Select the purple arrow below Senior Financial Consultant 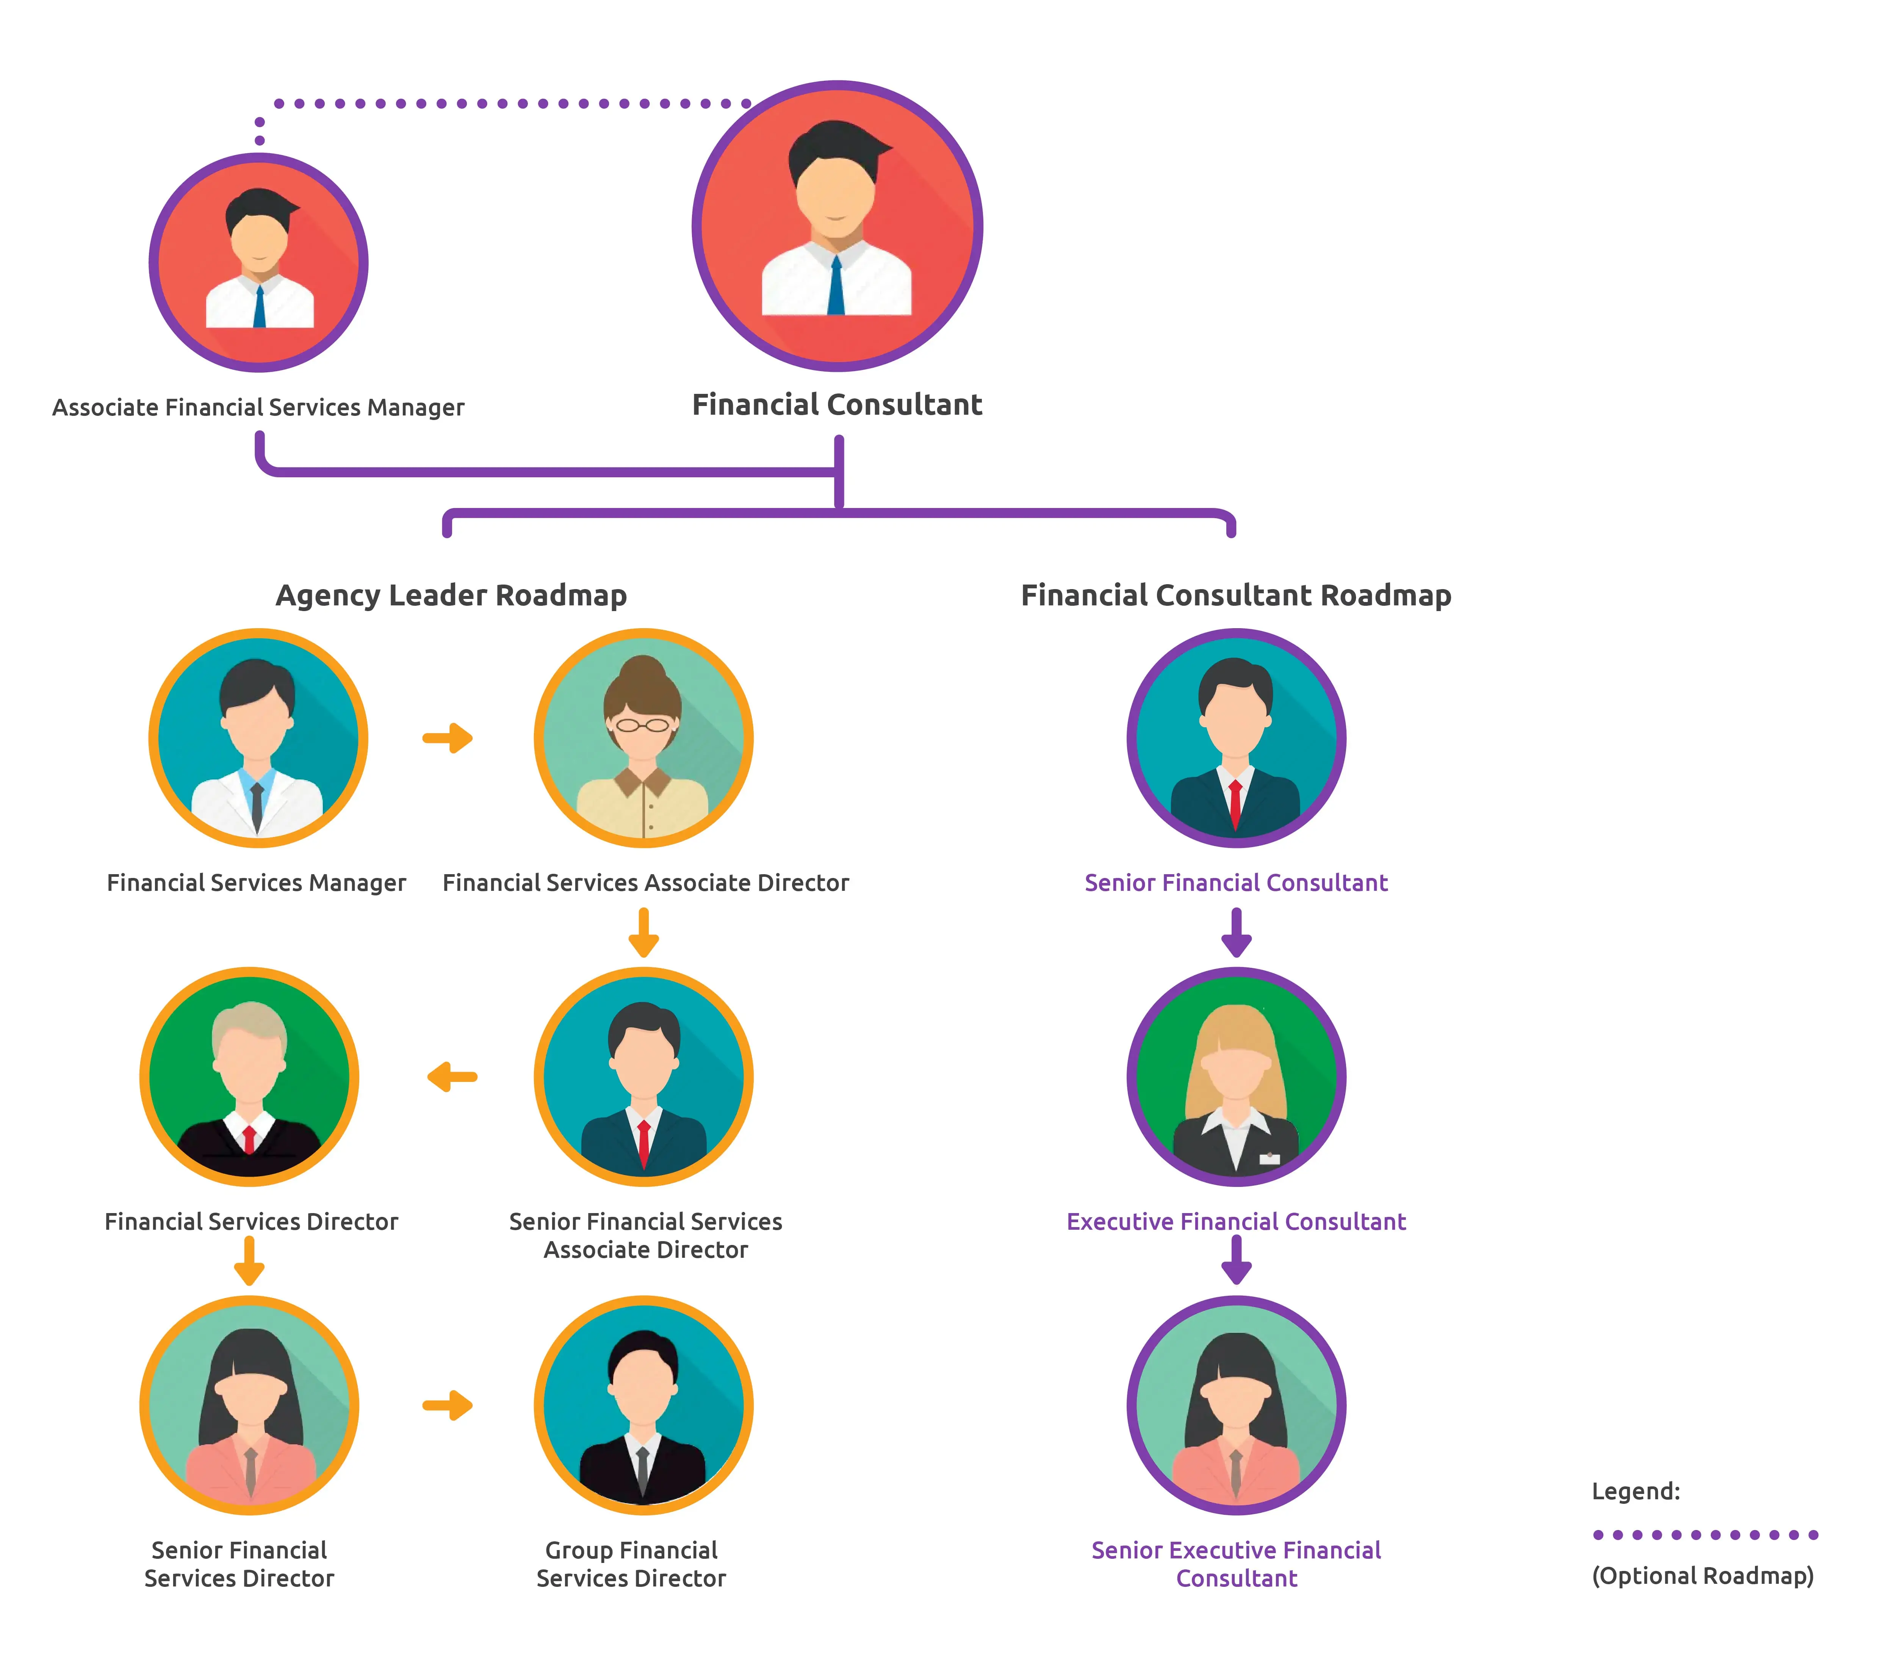tap(1236, 932)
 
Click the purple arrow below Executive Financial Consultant tap(1236, 1260)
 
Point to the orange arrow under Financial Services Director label tap(249, 1260)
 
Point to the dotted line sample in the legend tap(1705, 1534)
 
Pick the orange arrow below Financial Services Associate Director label tap(644, 932)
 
